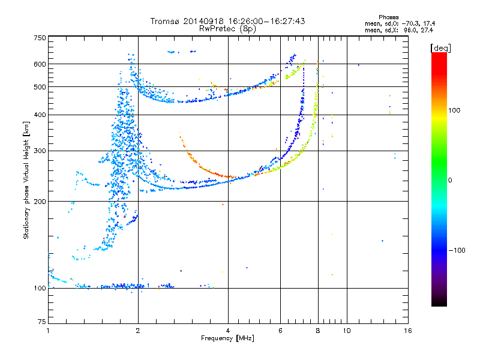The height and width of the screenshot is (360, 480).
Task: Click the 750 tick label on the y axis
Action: [x=40, y=38]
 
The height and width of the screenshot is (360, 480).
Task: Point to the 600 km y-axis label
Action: [x=40, y=64]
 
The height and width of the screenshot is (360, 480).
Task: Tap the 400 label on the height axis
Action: [x=40, y=115]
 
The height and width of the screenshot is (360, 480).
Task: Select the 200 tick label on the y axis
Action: [x=40, y=202]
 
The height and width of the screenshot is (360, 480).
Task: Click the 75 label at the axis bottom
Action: [x=41, y=322]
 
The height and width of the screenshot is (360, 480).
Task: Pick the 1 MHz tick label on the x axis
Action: [x=48, y=331]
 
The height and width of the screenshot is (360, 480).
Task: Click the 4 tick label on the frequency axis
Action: [x=228, y=331]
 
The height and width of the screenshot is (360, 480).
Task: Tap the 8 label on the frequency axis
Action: [x=318, y=331]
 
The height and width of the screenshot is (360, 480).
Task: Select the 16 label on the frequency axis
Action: [x=408, y=331]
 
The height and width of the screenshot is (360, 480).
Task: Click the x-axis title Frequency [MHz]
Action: [x=227, y=338]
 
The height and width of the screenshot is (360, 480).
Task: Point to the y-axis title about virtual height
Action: [x=26, y=181]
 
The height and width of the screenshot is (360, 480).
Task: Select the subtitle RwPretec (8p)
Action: [x=227, y=29]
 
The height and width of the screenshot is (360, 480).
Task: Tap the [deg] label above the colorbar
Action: [x=440, y=48]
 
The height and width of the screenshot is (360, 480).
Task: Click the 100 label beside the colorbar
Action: [x=454, y=110]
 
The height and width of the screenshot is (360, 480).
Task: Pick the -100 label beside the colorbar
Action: [x=457, y=250]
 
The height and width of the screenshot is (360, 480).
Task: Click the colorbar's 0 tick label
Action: [x=450, y=181]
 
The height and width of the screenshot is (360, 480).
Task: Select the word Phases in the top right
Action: [x=388, y=17]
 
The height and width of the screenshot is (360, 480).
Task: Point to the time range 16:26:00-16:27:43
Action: [x=266, y=21]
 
